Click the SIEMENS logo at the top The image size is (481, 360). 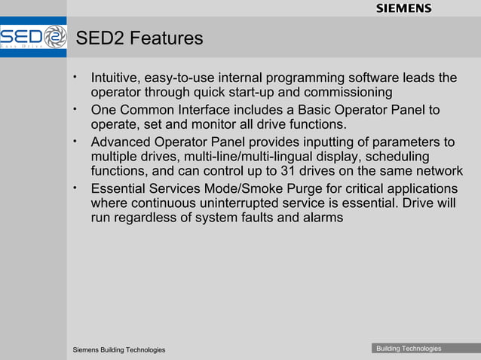click(x=403, y=8)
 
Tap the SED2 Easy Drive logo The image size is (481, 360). click(x=33, y=37)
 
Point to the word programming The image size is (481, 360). click(x=304, y=78)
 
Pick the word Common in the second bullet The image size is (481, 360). click(x=150, y=110)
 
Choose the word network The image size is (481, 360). click(x=435, y=171)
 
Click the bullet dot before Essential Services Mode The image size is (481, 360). click(x=75, y=186)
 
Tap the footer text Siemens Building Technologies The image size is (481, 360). click(x=118, y=350)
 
